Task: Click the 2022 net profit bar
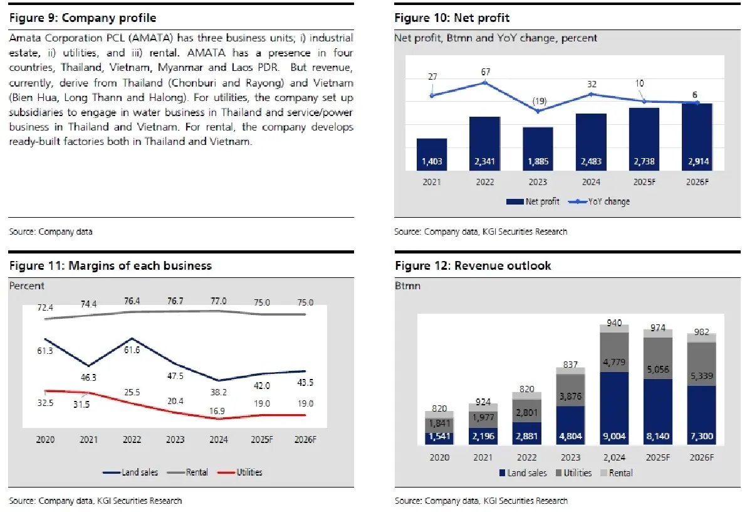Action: tap(484, 143)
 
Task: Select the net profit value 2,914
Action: tap(696, 162)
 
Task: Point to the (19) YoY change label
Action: tap(538, 101)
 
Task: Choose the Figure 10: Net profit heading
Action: tap(452, 18)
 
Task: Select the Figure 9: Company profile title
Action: tap(83, 18)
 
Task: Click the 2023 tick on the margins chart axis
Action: tap(175, 440)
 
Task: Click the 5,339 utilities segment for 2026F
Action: tap(702, 376)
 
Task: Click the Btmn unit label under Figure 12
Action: tap(407, 285)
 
